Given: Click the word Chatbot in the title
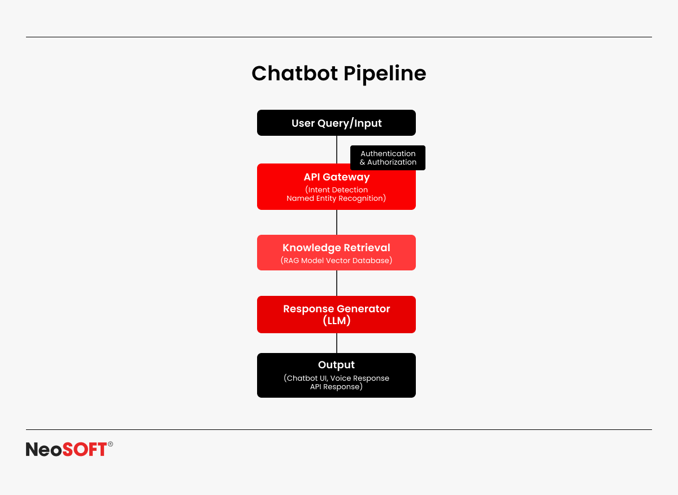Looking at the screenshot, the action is [x=294, y=74].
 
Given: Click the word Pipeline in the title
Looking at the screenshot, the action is [x=385, y=75].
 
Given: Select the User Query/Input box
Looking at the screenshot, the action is [x=336, y=123].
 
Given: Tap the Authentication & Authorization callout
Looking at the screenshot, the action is [x=388, y=158].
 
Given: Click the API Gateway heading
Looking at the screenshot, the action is [x=337, y=177].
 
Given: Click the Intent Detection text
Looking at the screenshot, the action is [x=338, y=190].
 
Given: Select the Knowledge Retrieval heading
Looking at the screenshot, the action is [x=336, y=248].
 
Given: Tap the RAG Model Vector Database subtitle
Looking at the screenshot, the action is [x=336, y=261].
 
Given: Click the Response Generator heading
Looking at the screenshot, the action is [x=337, y=309].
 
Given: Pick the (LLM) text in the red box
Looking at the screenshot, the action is [x=337, y=320].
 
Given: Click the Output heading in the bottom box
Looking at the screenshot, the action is [x=336, y=365].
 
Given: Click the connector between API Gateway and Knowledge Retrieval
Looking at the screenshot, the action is [x=337, y=222].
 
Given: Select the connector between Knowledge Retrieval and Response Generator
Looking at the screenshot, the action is [x=337, y=283].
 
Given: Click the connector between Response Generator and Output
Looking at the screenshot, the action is [x=337, y=343].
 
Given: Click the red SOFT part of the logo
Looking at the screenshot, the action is [x=84, y=449].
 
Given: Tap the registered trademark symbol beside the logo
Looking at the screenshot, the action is [x=111, y=444].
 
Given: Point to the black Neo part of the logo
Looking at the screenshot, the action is [x=44, y=449].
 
